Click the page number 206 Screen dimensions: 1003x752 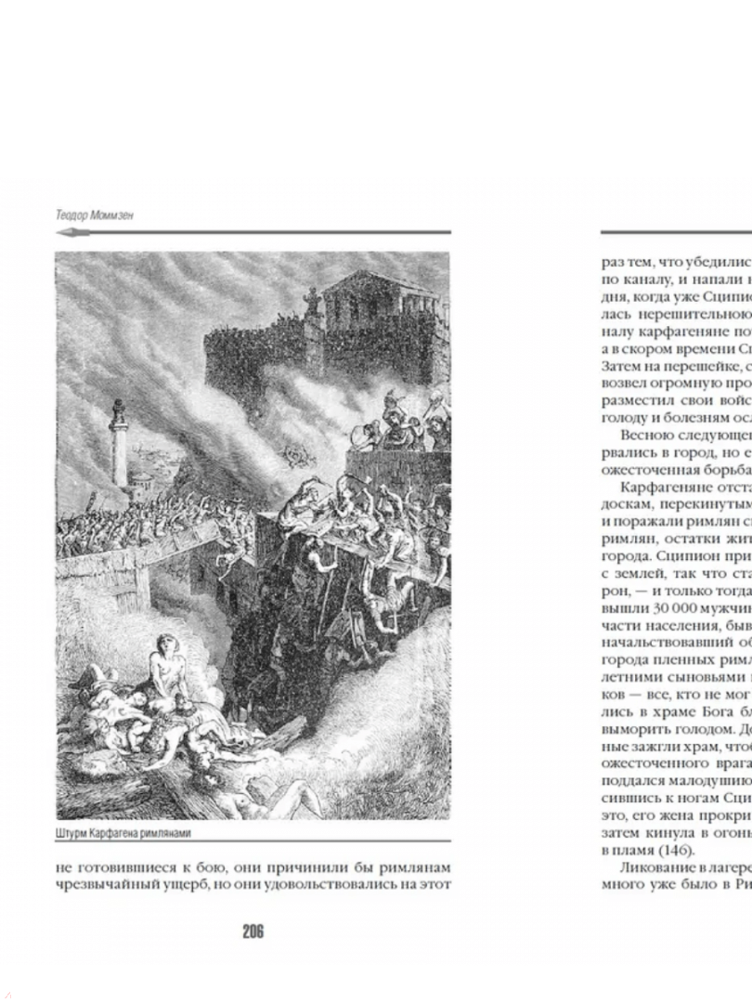[x=253, y=931]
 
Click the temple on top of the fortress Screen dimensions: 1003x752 [x=382, y=297]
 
